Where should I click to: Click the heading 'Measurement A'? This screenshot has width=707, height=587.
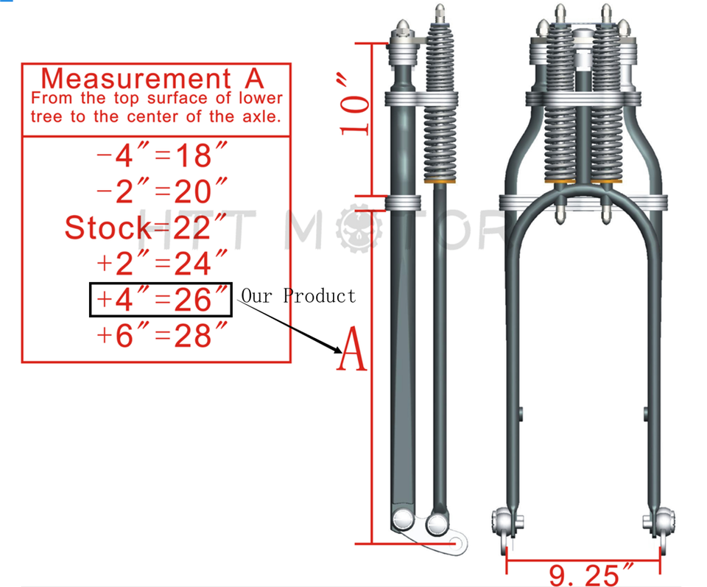pyautogui.click(x=152, y=78)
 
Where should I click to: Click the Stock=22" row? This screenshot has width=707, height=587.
pyautogui.click(x=147, y=228)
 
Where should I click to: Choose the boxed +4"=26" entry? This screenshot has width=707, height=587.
pyautogui.click(x=161, y=300)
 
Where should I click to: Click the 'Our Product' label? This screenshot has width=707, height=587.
pyautogui.click(x=298, y=296)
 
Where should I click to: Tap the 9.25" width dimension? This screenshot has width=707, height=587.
pyautogui.click(x=583, y=572)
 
